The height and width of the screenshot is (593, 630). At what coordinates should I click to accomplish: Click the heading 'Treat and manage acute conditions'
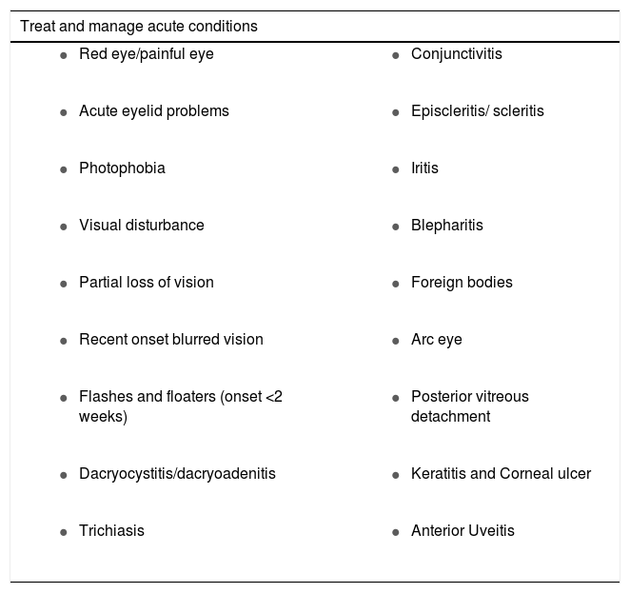139,27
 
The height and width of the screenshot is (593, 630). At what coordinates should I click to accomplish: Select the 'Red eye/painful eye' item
146,54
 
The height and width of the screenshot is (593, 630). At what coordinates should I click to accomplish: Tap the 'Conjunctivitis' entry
456,54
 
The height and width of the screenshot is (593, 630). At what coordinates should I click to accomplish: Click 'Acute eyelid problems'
153,111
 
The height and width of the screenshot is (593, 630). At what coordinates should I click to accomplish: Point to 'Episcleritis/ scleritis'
477,111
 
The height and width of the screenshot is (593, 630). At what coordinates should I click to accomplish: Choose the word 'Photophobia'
122,168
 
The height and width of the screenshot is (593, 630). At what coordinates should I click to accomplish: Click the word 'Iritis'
424,168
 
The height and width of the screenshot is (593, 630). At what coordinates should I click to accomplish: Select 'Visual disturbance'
141,226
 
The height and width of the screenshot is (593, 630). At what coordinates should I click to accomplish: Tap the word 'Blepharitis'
446,226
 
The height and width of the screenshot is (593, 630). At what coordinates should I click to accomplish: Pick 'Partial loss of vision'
146,283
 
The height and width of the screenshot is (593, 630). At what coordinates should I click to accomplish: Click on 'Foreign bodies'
462,283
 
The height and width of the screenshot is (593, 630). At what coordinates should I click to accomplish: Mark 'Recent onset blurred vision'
170,340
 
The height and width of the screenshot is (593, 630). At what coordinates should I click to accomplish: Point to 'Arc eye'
436,340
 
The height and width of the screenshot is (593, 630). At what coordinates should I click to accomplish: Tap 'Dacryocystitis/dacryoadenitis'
177,473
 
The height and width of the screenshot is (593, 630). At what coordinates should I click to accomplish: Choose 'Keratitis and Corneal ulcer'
501,473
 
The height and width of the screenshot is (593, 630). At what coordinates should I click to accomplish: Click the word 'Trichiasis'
111,530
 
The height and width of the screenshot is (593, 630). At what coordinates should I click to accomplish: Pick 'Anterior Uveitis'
463,530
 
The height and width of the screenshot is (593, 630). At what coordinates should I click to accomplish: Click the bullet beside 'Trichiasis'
63,532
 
